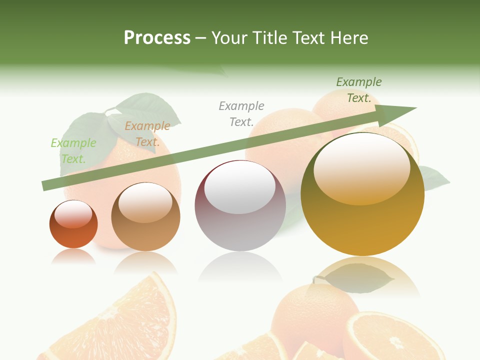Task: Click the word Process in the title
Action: coord(157,38)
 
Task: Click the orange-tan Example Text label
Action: coord(147,134)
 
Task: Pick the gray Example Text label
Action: coord(241,114)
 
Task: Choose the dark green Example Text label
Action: coord(358,90)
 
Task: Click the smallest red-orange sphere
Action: coord(73,230)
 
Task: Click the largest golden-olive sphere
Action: coord(362,225)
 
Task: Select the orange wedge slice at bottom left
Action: coord(120,320)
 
